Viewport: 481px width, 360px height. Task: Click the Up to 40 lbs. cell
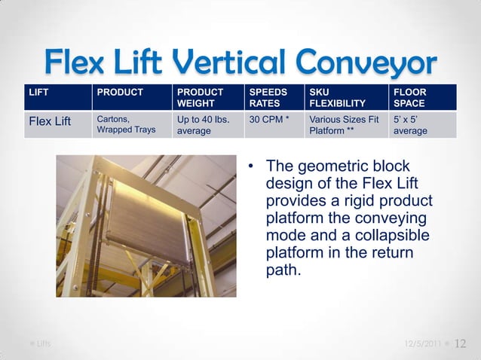click(x=201, y=124)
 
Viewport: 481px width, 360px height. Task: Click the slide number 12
click(x=461, y=343)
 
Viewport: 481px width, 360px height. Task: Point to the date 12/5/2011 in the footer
click(x=423, y=344)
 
